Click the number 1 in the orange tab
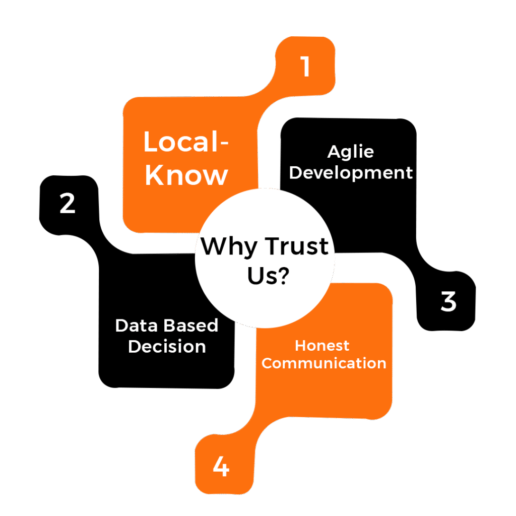point(305,67)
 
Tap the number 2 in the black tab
point(68,204)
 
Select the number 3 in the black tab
point(448,301)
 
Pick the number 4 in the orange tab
point(221,467)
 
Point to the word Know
point(186,175)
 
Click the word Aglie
point(350,152)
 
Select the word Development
point(351,172)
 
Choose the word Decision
point(167,347)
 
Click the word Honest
point(322,346)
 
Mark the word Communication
point(324,363)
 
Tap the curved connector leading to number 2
point(101,242)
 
